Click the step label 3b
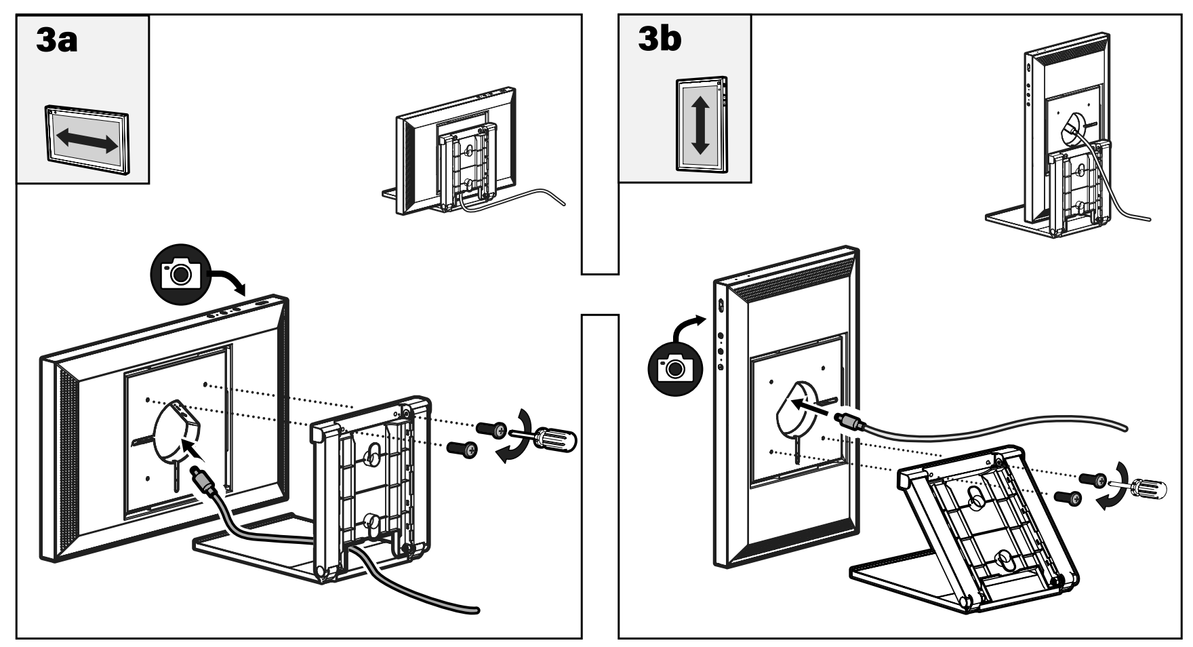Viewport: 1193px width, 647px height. tap(660, 39)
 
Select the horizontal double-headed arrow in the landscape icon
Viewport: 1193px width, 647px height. tap(87, 139)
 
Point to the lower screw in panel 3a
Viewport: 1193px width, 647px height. tap(464, 448)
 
